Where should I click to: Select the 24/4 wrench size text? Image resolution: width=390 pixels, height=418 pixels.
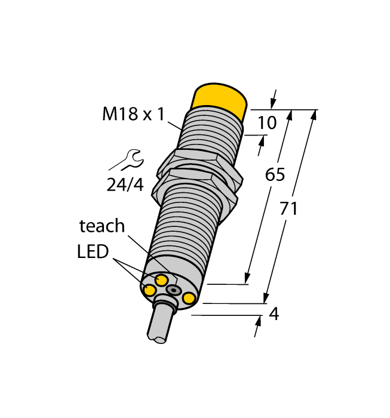(x=125, y=185)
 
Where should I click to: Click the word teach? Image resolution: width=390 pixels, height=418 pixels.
(x=102, y=226)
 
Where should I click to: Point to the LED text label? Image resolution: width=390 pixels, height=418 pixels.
(x=93, y=251)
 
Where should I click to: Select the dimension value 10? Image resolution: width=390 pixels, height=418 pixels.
(x=267, y=123)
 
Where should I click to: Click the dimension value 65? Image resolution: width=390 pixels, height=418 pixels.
(x=275, y=175)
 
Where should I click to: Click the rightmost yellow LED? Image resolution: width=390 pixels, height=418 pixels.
(x=189, y=298)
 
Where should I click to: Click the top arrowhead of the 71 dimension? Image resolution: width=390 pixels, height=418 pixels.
(x=314, y=114)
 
